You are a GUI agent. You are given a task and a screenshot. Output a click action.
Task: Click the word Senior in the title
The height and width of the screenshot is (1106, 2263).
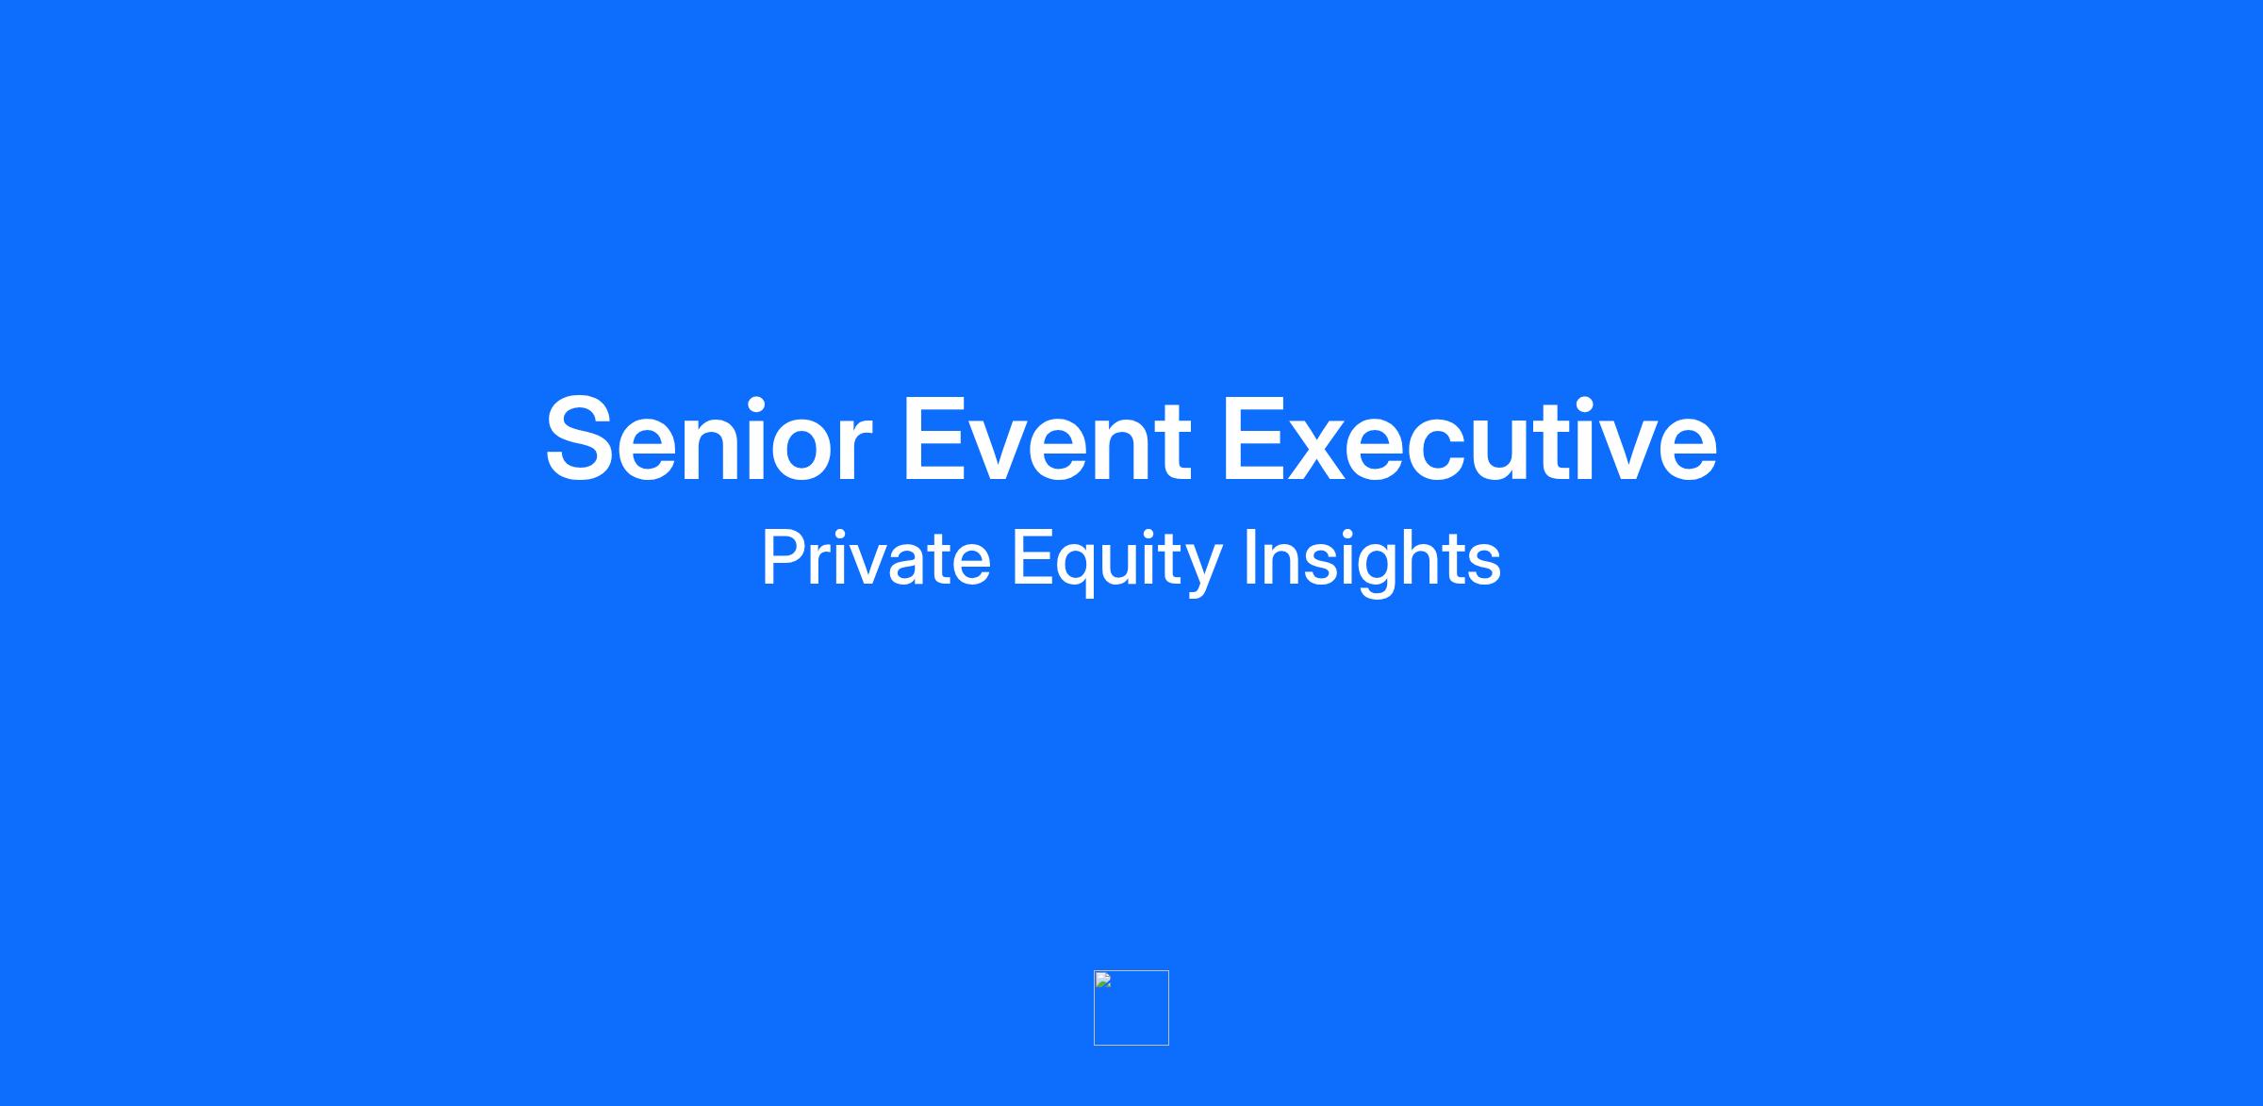[708, 439]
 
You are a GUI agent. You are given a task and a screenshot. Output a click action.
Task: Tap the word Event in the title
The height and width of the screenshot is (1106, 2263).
[1047, 439]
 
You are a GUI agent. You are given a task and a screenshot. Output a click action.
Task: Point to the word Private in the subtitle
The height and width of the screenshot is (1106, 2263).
[877, 558]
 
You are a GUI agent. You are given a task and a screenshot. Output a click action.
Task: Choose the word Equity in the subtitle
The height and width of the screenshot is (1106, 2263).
[1117, 562]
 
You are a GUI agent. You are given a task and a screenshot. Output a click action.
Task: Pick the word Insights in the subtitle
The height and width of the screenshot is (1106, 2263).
[1373, 562]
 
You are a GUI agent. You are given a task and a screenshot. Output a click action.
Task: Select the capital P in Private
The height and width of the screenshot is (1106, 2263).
[785, 558]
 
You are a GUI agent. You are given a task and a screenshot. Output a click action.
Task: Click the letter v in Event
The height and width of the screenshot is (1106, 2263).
[1001, 450]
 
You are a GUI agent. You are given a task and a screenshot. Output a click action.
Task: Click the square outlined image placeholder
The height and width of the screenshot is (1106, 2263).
[1131, 971]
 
